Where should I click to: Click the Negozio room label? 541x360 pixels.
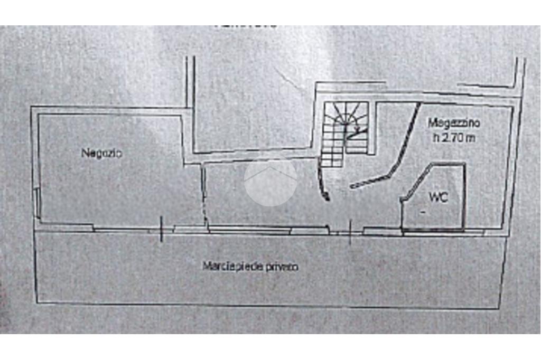tap(101, 154)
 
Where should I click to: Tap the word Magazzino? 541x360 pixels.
tap(453, 124)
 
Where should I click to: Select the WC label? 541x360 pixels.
tap(439, 198)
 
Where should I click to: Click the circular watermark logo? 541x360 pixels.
tap(270, 179)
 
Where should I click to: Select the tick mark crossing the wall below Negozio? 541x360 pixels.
tap(161, 230)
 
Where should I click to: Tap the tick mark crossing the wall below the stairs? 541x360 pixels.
tap(350, 232)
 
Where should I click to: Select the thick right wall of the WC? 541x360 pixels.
tap(464, 195)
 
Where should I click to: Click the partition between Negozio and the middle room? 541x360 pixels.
tap(203, 195)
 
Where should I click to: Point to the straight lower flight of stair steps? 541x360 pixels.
tap(332, 150)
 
